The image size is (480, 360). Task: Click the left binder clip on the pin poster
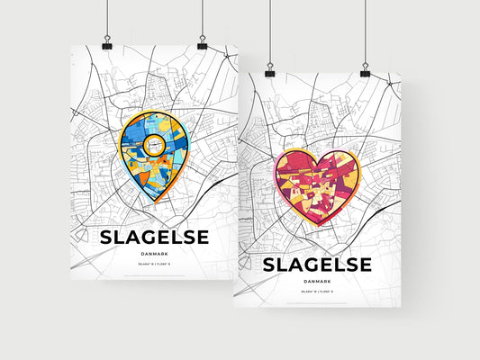click(x=106, y=44)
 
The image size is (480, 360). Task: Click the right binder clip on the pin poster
click(x=202, y=44)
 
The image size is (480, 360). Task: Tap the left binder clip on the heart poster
click(x=269, y=71)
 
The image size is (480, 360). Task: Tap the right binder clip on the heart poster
click(x=365, y=71)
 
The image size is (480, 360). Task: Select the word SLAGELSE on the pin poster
click(x=154, y=237)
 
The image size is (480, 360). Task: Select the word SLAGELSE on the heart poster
click(x=316, y=265)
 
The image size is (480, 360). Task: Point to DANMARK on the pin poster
click(x=154, y=255)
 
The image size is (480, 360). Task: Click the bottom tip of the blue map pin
click(x=154, y=202)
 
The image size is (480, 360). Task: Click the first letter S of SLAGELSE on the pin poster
click(x=106, y=237)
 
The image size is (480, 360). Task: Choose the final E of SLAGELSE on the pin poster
click(x=201, y=237)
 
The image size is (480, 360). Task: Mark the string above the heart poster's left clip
click(x=269, y=31)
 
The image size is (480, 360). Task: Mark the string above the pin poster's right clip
click(x=202, y=18)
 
